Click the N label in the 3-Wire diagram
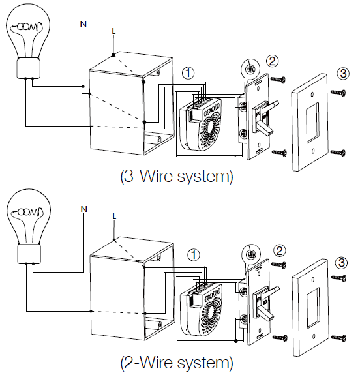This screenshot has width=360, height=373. (83, 23)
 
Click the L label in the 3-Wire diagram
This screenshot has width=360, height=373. (113, 31)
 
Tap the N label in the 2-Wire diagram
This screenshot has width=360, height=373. (83, 209)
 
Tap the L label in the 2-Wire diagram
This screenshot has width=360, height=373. (114, 216)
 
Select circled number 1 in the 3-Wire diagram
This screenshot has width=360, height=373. (188, 73)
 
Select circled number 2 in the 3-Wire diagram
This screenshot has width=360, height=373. (272, 61)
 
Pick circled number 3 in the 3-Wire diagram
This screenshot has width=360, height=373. (343, 74)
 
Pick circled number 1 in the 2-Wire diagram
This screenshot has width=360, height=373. (194, 255)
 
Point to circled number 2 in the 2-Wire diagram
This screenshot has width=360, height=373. (280, 251)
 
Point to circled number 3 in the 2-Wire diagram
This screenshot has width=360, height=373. (342, 263)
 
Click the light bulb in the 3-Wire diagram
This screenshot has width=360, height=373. (28, 40)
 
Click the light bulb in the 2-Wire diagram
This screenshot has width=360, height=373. (29, 226)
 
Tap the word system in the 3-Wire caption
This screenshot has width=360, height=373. (205, 177)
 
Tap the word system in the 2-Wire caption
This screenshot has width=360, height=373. (205, 363)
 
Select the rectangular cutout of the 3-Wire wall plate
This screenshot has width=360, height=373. (312, 123)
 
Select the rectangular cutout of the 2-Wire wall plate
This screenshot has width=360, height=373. (313, 308)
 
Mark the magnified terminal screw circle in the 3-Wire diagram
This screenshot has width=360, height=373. (250, 68)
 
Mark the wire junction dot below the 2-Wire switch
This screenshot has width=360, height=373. (236, 341)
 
